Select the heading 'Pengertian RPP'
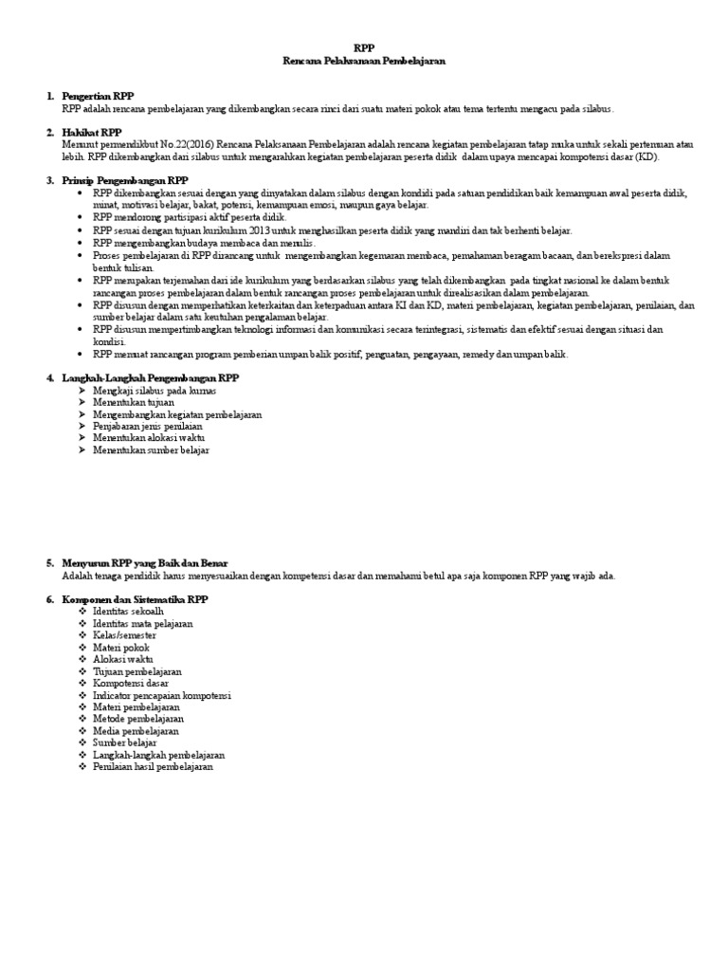pyautogui.click(x=98, y=97)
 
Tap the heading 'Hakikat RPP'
pyautogui.click(x=91, y=133)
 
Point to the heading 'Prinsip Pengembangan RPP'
pyautogui.click(x=125, y=180)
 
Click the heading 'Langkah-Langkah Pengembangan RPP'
pyautogui.click(x=150, y=377)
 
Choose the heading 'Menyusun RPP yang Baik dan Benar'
pyautogui.click(x=145, y=563)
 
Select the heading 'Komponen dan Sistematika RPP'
pyautogui.click(x=135, y=600)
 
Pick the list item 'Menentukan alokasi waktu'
pyautogui.click(x=149, y=438)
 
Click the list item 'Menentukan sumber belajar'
pyautogui.click(x=151, y=450)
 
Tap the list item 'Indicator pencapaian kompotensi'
pyautogui.click(x=162, y=695)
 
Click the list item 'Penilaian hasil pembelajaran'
pyautogui.click(x=154, y=766)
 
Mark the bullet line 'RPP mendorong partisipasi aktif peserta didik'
pyautogui.click(x=177, y=217)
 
